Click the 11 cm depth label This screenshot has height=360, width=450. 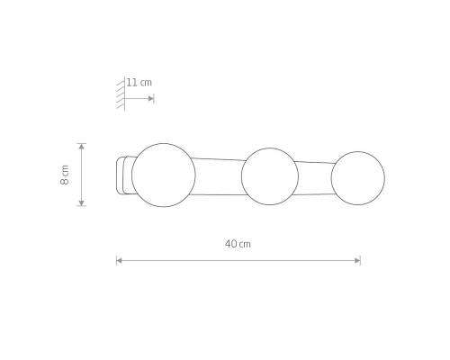[x=139, y=83]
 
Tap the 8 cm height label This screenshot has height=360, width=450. [x=65, y=175]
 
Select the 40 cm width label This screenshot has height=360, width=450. [x=238, y=244]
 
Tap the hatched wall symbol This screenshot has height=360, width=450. [x=121, y=94]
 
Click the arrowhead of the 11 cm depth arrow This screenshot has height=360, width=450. [x=151, y=98]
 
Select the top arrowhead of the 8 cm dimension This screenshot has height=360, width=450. [x=82, y=147]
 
